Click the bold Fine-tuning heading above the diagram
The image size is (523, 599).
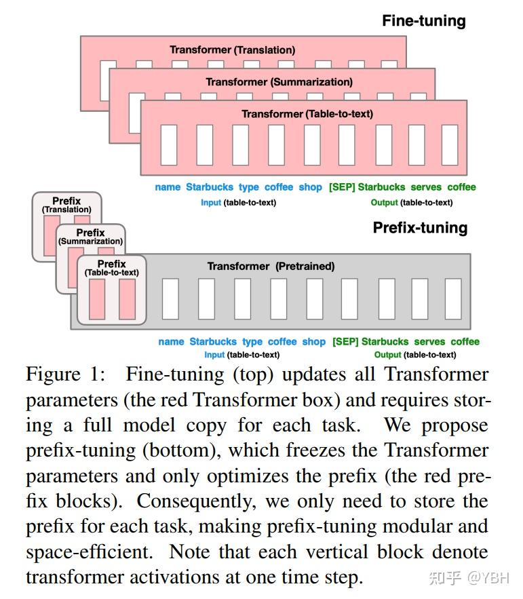pyautogui.click(x=423, y=20)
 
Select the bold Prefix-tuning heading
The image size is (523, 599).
pyautogui.click(x=420, y=227)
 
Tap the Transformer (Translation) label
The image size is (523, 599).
pyautogui.click(x=232, y=50)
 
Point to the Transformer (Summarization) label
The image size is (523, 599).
pyautogui.click(x=279, y=81)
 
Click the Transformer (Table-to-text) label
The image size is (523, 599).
pyautogui.click(x=307, y=113)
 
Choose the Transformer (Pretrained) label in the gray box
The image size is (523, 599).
pyautogui.click(x=271, y=266)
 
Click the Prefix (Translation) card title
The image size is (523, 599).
pyautogui.click(x=66, y=205)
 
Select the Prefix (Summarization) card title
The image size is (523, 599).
pyautogui.click(x=90, y=237)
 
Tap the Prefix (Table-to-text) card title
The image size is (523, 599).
pyautogui.click(x=111, y=268)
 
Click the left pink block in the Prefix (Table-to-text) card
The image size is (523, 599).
pyautogui.click(x=96, y=298)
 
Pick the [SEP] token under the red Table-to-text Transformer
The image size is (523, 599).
pyautogui.click(x=341, y=187)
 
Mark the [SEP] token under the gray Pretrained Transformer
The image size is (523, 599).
pyautogui.click(x=345, y=341)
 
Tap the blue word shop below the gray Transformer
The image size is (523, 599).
pyautogui.click(x=313, y=341)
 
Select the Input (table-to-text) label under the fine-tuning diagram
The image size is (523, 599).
pyautogui.click(x=238, y=202)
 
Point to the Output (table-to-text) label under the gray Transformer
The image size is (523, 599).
pyautogui.click(x=414, y=354)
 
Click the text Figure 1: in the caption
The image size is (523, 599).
pyautogui.click(x=69, y=374)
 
